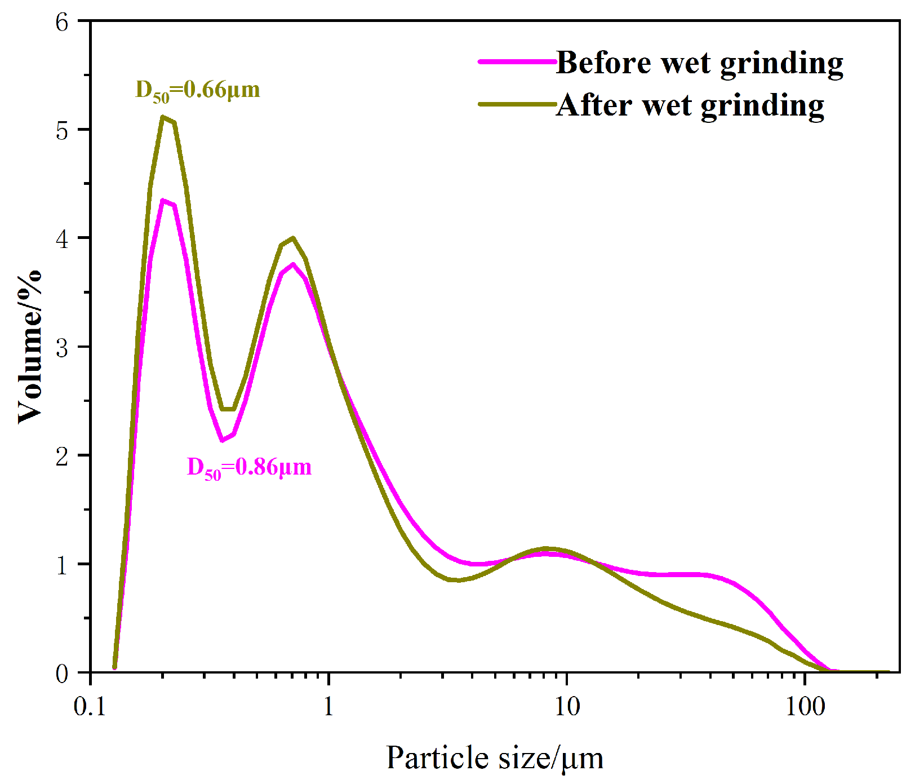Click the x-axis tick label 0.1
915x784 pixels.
point(90,707)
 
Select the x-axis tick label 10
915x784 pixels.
point(567,707)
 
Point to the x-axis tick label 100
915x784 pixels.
point(806,707)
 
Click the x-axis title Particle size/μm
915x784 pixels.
point(495,758)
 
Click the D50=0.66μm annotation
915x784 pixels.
point(198,90)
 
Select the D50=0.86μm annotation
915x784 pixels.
point(249,468)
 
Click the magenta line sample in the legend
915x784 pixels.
point(517,61)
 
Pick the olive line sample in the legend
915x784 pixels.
point(517,104)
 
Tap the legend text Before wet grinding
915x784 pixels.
point(699,63)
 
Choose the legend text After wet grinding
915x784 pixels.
point(690,105)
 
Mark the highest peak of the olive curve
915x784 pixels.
point(162,117)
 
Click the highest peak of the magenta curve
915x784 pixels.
point(162,201)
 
